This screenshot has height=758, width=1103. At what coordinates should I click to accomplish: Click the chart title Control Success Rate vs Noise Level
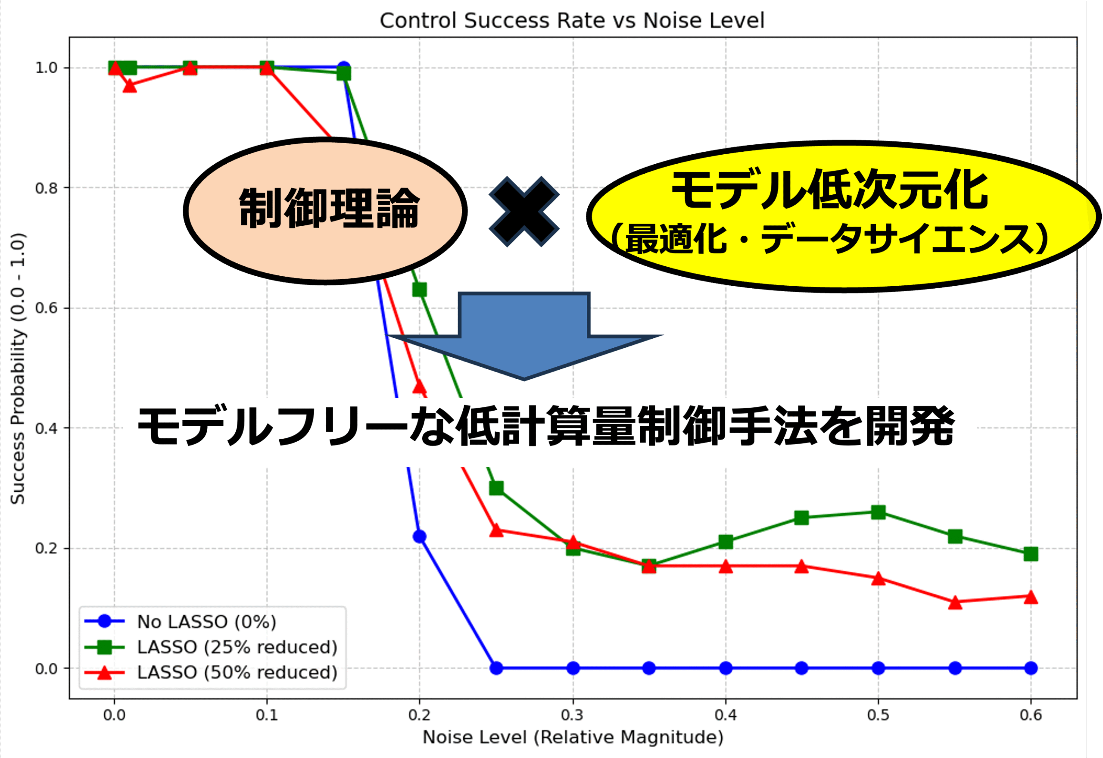click(x=572, y=20)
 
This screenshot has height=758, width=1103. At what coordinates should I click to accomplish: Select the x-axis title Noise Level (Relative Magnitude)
click(x=573, y=737)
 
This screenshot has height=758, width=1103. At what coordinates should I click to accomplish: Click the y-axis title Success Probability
click(x=18, y=368)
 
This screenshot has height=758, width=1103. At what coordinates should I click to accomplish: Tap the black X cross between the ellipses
click(x=524, y=211)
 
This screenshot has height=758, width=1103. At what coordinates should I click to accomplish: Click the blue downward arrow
click(x=524, y=336)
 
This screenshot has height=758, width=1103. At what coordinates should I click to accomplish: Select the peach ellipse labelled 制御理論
click(x=325, y=211)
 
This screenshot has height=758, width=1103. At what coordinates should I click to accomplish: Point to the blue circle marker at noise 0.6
click(x=1031, y=668)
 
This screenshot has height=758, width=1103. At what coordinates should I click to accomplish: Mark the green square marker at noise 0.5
click(x=879, y=512)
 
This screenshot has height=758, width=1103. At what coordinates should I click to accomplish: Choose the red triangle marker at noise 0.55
click(x=955, y=602)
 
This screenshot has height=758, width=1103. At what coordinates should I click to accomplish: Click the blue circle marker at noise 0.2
click(x=419, y=536)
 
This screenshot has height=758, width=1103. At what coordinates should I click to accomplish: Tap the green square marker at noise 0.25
click(x=496, y=488)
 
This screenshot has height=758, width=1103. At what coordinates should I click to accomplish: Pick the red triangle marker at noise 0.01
click(x=130, y=85)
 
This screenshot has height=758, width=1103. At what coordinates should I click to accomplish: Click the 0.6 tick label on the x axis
click(x=1031, y=715)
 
